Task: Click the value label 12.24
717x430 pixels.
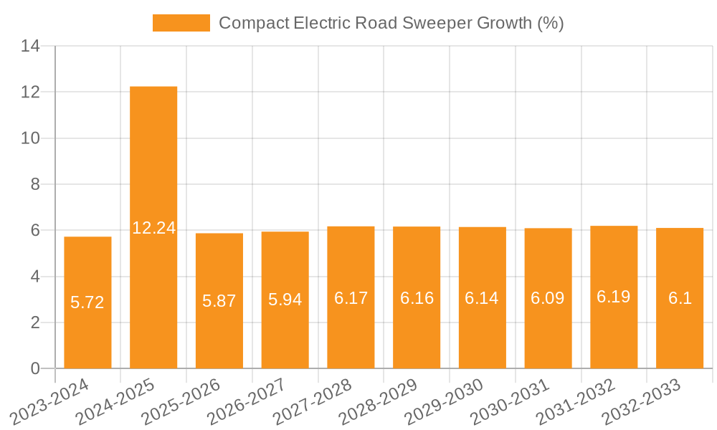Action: click(153, 228)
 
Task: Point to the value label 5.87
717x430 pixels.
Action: click(219, 301)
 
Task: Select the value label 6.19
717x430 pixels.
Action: click(614, 297)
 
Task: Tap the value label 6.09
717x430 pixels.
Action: click(548, 298)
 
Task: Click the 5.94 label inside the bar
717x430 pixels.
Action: click(285, 300)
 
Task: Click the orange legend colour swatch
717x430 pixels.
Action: click(181, 23)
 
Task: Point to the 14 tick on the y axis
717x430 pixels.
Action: click(31, 47)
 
